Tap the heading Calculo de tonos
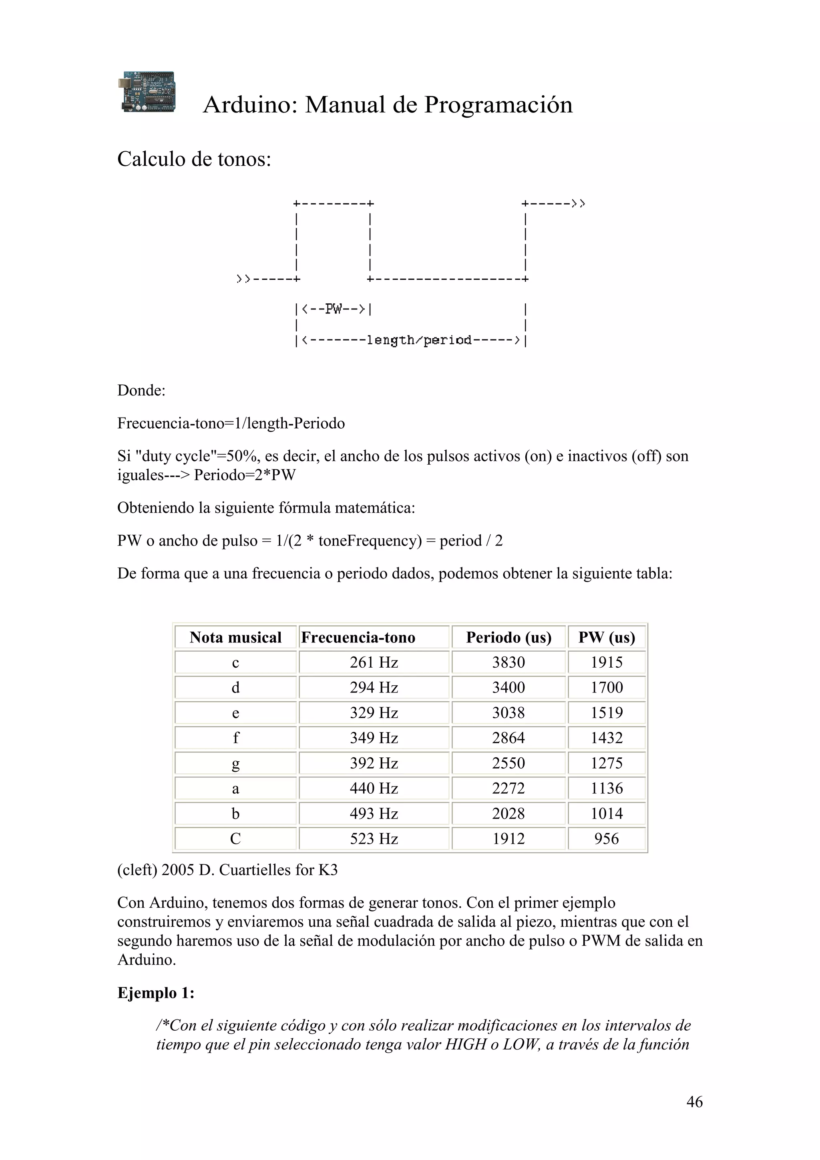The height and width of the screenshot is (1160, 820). coord(194,159)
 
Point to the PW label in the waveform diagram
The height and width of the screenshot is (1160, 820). coord(334,308)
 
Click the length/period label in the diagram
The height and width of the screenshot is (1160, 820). coord(419,340)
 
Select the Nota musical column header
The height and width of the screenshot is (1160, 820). coord(235,637)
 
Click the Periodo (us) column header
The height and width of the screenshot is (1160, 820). coord(508,637)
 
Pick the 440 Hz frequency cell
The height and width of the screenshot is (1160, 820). coord(374,788)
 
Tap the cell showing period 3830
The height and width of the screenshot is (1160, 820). coord(508,662)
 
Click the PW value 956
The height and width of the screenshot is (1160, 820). coord(606,839)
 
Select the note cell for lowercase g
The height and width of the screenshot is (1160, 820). coord(235,763)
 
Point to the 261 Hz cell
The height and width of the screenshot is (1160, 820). coord(374,662)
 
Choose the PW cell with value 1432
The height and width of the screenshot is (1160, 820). coord(606,738)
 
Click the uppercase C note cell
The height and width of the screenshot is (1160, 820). coord(235,839)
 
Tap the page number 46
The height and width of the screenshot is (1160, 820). coord(694,1102)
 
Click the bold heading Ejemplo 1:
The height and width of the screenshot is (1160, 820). coord(156,993)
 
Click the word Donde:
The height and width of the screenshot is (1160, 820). coord(141,391)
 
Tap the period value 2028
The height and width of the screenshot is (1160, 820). coord(508,813)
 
